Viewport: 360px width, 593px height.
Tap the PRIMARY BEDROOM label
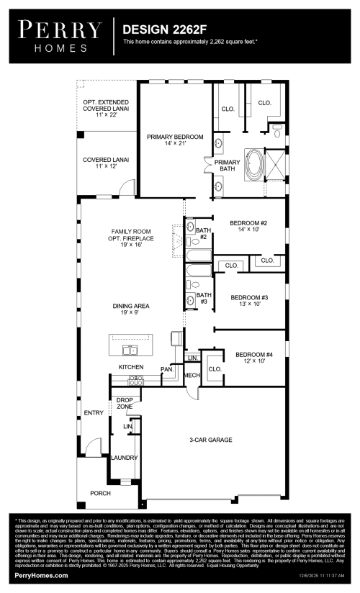(175, 140)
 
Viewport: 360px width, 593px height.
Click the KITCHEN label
(131, 367)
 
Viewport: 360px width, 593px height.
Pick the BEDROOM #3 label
(249, 300)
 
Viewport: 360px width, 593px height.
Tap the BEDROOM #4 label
(255, 357)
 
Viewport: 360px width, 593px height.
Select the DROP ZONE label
(125, 404)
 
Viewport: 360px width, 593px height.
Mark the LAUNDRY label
(124, 457)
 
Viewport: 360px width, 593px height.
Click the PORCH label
(100, 493)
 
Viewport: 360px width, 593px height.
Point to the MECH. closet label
(191, 375)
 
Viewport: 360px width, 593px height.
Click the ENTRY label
(94, 412)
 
